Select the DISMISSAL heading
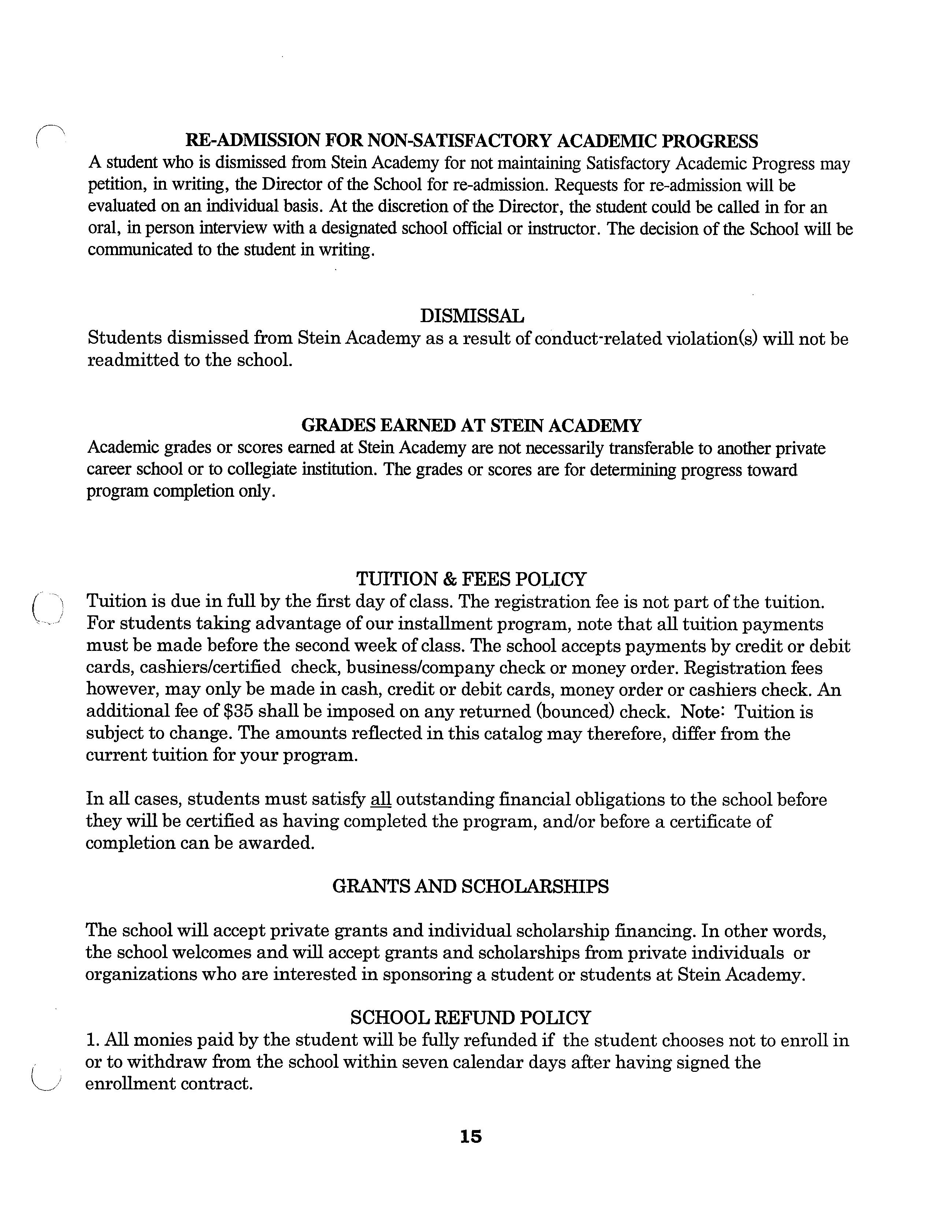pos(471,316)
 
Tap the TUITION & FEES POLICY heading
pos(471,579)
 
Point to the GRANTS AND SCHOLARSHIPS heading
pos(470,887)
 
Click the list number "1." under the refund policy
pos(92,1040)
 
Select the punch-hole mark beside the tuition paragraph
pos(48,607)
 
